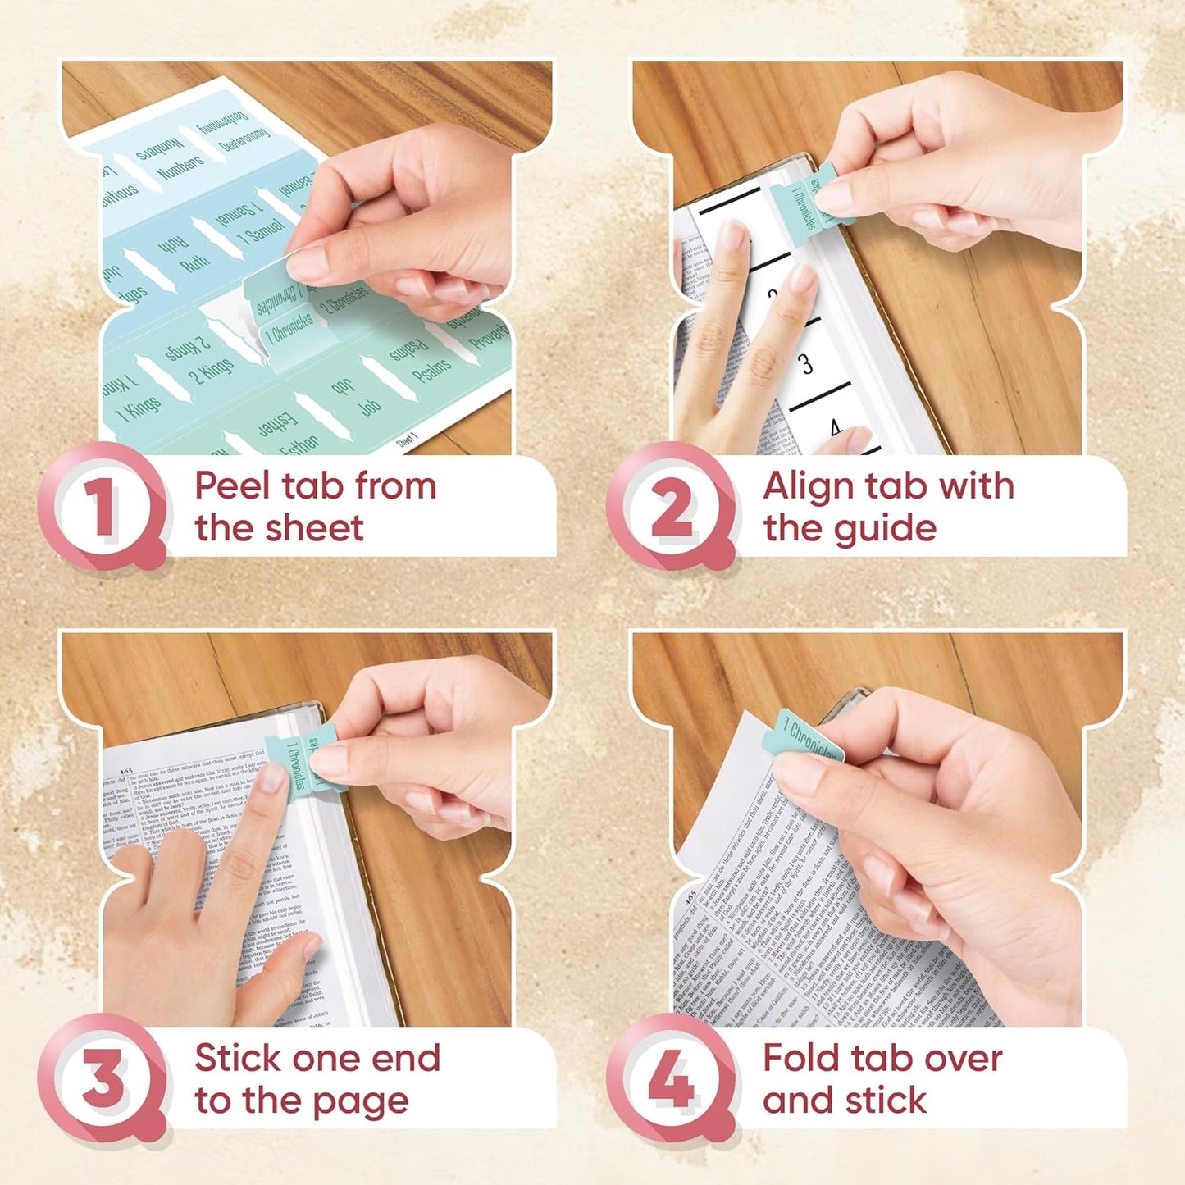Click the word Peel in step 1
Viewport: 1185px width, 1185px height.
(x=231, y=486)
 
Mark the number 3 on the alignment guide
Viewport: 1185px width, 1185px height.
(x=806, y=363)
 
